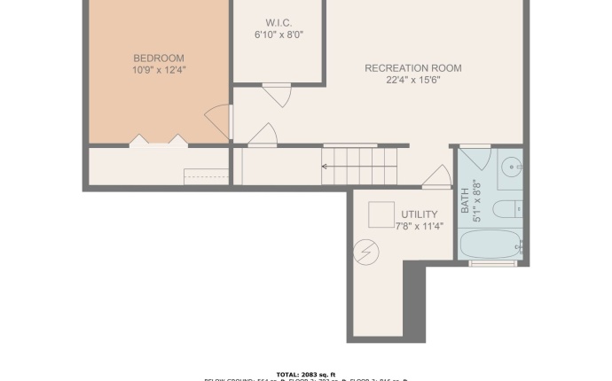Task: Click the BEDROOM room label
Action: tap(159, 58)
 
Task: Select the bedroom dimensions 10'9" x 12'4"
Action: tap(159, 70)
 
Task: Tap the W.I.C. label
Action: tap(278, 22)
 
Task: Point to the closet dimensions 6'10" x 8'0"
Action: tap(278, 35)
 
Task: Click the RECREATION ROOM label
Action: tap(413, 68)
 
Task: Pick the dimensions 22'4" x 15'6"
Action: tap(413, 80)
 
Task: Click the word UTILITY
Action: tap(419, 214)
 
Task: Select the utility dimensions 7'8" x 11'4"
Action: tap(419, 226)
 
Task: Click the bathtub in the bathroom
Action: tap(491, 245)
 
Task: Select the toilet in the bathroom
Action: tap(507, 210)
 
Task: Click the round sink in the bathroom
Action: tap(511, 166)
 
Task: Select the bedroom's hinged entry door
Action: tap(218, 122)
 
